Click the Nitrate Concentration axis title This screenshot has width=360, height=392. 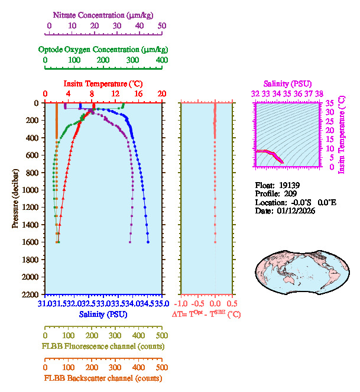click(105, 14)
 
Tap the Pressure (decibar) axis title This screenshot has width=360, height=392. click(16, 199)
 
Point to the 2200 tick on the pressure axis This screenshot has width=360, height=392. click(31, 294)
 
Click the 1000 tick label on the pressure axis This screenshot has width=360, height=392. click(31, 190)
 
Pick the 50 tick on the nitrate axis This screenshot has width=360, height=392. click(162, 25)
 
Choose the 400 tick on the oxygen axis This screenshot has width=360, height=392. click(162, 60)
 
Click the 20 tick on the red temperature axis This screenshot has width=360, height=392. click(161, 94)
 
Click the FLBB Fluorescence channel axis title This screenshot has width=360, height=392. click(103, 346)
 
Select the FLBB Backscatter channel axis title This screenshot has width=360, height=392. click(103, 378)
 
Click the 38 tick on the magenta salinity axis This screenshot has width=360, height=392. click(319, 93)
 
